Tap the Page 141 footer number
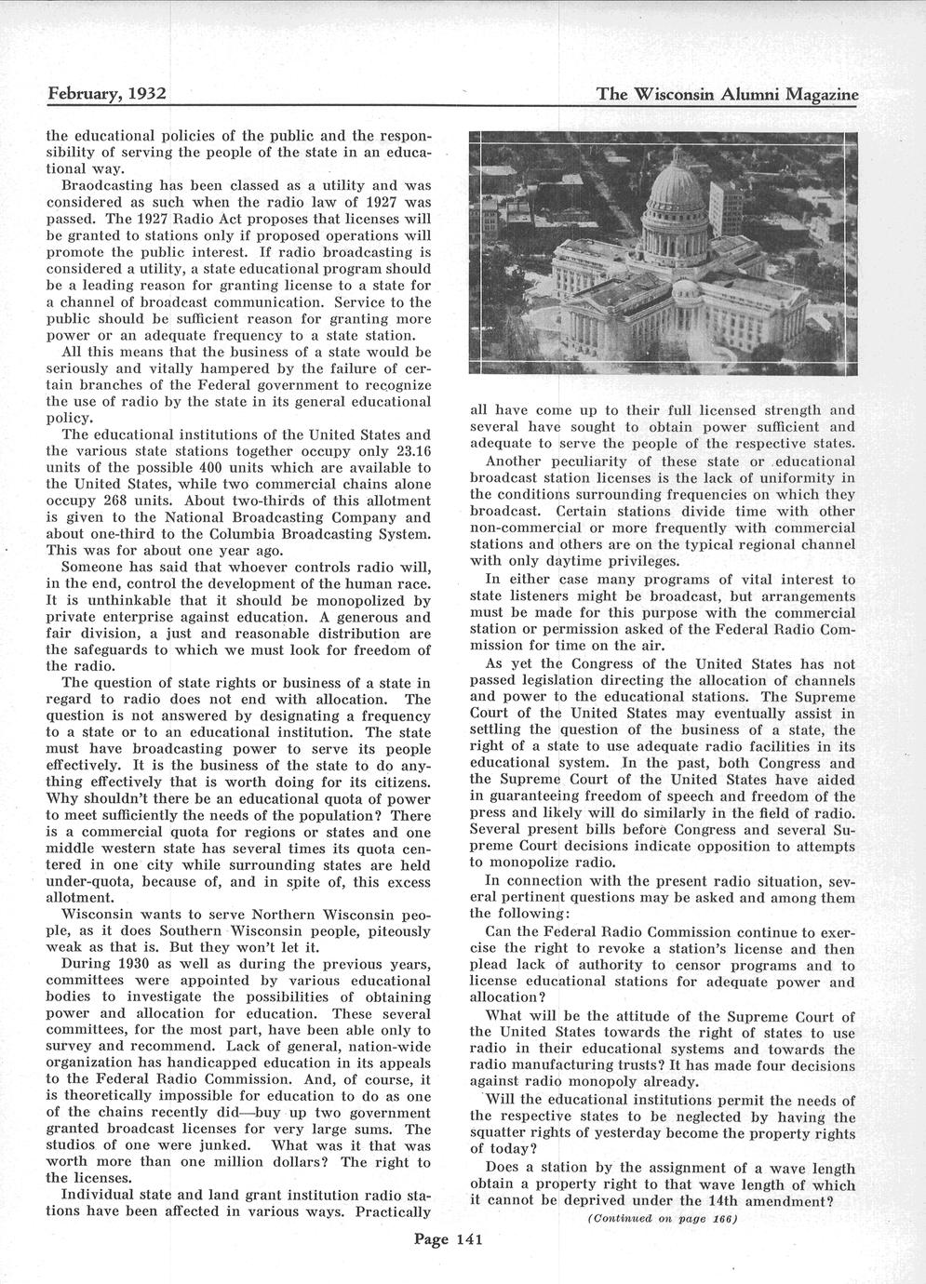point(447,1238)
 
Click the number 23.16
point(412,450)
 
